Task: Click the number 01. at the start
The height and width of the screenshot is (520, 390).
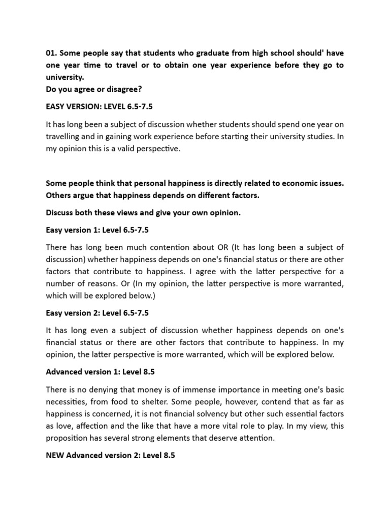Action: pyautogui.click(x=52, y=53)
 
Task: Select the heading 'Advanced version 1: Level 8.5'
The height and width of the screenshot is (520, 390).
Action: pyautogui.click(x=100, y=372)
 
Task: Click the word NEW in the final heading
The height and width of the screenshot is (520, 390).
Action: pyautogui.click(x=55, y=456)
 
